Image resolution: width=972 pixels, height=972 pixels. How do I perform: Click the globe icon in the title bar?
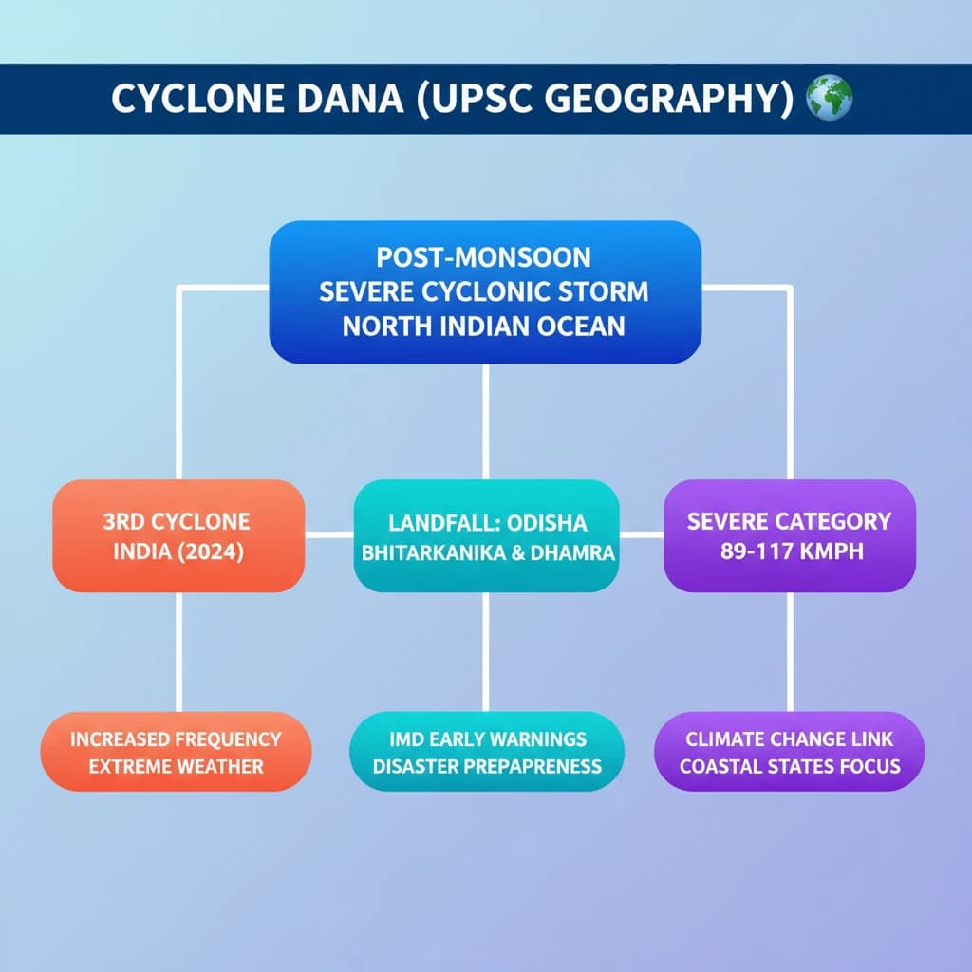[x=829, y=98]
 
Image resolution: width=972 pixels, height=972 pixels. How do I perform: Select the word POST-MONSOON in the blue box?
[x=483, y=257]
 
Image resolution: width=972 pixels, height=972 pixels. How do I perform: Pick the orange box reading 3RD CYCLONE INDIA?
[x=178, y=536]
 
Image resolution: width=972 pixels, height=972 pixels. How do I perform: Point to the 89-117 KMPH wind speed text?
[x=791, y=551]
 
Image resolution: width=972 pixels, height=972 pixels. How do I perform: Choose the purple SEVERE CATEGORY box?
[x=789, y=536]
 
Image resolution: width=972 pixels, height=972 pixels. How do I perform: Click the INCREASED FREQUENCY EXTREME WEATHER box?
[x=176, y=752]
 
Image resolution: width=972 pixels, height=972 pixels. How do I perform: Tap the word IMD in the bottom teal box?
[x=408, y=738]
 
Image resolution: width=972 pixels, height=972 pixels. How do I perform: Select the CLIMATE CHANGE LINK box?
[x=790, y=752]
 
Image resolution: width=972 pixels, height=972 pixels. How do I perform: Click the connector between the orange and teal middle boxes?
[x=329, y=535]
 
